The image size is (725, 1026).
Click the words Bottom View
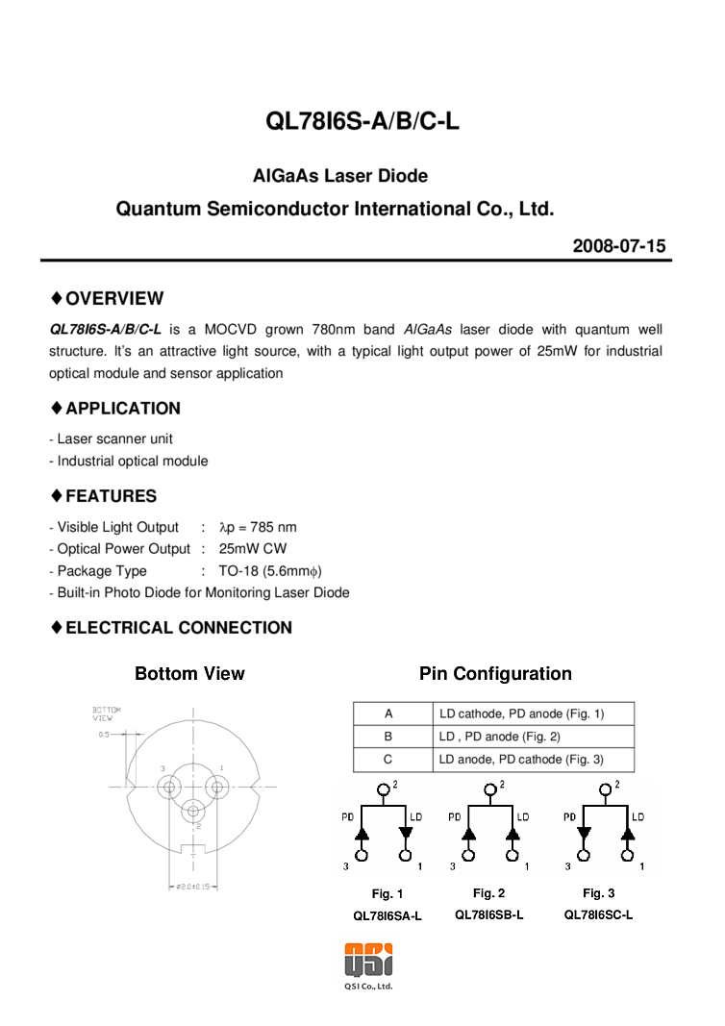[189, 674]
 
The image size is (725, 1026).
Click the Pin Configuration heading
[495, 674]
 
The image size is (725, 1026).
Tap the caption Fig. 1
[387, 894]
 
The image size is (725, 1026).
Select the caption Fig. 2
[488, 893]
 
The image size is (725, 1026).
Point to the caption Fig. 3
[598, 893]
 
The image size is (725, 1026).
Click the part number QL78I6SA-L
[387, 916]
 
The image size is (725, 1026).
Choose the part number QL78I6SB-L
[489, 914]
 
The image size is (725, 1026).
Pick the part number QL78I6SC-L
[598, 914]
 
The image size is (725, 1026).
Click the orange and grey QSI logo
[368, 960]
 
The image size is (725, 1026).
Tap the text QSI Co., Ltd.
[368, 986]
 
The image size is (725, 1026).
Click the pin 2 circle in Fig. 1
[384, 790]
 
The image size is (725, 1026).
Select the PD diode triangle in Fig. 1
[362, 833]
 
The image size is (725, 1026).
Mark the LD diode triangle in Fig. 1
[406, 833]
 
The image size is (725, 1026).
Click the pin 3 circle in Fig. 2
[468, 855]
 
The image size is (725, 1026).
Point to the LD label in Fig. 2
[523, 817]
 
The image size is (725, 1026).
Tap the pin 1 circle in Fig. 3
[627, 855]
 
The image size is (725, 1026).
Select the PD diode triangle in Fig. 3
[584, 833]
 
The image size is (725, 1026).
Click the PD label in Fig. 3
[569, 817]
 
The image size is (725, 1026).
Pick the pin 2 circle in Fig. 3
[605, 790]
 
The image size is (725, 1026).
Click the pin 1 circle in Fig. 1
[406, 855]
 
